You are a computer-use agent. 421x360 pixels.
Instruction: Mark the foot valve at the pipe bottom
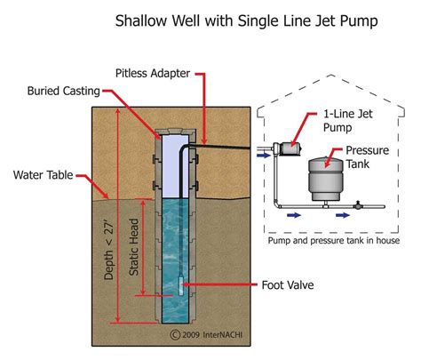181,286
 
